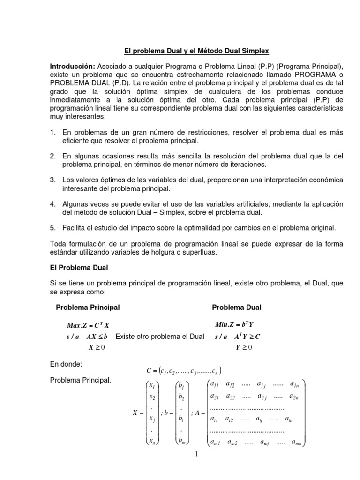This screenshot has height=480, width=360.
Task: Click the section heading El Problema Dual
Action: click(79, 267)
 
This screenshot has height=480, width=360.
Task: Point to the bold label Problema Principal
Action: click(88, 307)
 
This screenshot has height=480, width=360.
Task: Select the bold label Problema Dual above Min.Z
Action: click(237, 307)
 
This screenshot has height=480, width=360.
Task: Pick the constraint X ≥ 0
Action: click(97, 347)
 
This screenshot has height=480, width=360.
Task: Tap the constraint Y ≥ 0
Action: click(244, 347)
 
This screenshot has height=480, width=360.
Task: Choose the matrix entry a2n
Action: click(294, 396)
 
